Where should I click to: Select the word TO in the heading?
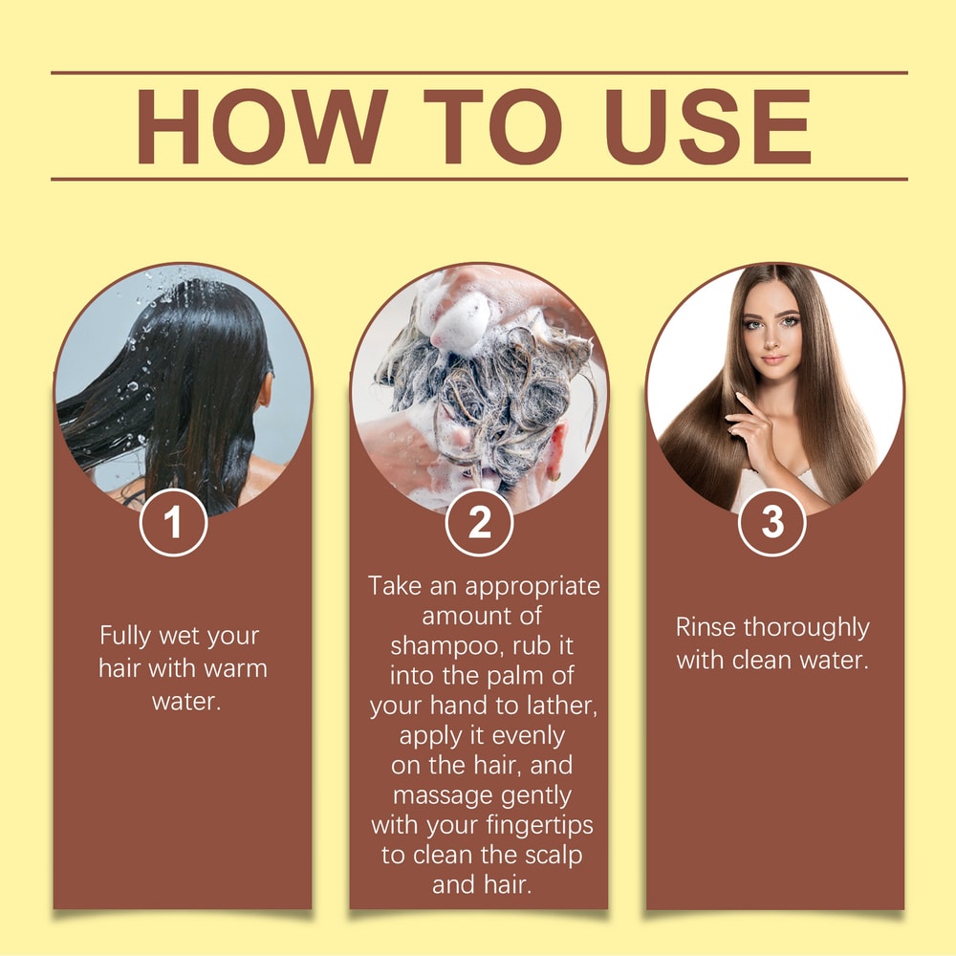(492, 126)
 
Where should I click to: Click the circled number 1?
(173, 523)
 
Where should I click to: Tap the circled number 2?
(479, 523)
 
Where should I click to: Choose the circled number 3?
(772, 523)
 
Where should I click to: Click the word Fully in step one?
(129, 637)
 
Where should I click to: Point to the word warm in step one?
(232, 667)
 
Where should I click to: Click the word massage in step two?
(442, 794)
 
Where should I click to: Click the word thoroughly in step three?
(807, 628)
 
